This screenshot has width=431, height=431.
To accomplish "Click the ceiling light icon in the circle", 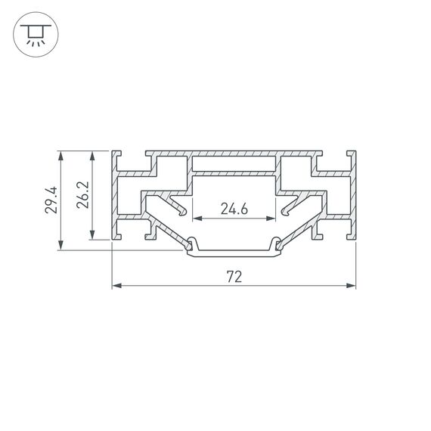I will pos(33,34).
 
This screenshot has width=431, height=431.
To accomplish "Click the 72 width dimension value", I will pos(234,277).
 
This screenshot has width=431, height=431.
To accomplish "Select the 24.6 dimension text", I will pos(234,209).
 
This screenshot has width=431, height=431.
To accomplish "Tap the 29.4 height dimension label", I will pos(50,200).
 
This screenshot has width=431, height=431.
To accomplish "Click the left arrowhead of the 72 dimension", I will pos(116,287).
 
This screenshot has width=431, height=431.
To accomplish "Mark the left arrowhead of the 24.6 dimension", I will pos(197,219).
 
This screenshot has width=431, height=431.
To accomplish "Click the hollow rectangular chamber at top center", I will pos(234,163).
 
